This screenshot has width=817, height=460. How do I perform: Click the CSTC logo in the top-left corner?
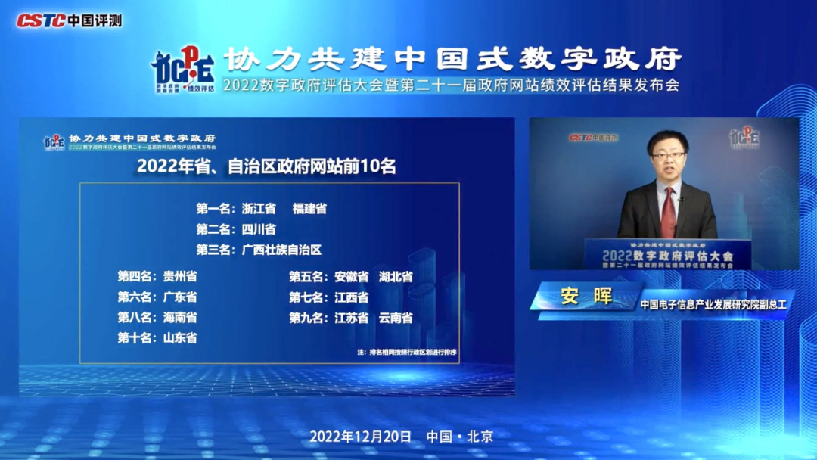pos(68,20)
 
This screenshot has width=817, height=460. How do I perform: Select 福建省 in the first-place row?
pos(309,208)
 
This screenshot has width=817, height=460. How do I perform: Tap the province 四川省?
pos(259,228)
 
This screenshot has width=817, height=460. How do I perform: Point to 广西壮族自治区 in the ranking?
pos(281,250)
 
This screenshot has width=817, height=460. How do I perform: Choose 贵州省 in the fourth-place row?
pos(180,276)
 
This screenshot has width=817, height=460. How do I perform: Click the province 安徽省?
pos(352,276)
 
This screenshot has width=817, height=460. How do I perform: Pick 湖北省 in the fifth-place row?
pos(396,276)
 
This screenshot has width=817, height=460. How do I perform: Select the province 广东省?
pos(180,297)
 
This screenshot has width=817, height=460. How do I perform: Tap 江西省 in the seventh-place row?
pos(352,297)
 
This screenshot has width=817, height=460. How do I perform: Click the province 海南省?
pos(180,318)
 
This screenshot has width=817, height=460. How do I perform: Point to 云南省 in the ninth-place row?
pos(396,318)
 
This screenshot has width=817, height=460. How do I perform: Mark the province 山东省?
pos(180,338)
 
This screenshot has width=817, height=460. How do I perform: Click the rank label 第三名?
pos(215,250)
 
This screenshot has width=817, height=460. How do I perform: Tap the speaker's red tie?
pos(667,212)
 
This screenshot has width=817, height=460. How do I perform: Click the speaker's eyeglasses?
pos(669,156)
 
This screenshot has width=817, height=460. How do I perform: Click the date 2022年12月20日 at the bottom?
pos(361,437)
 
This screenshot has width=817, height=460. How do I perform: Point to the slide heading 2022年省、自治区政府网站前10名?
pos(266,166)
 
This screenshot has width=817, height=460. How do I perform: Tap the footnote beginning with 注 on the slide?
pos(407,353)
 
